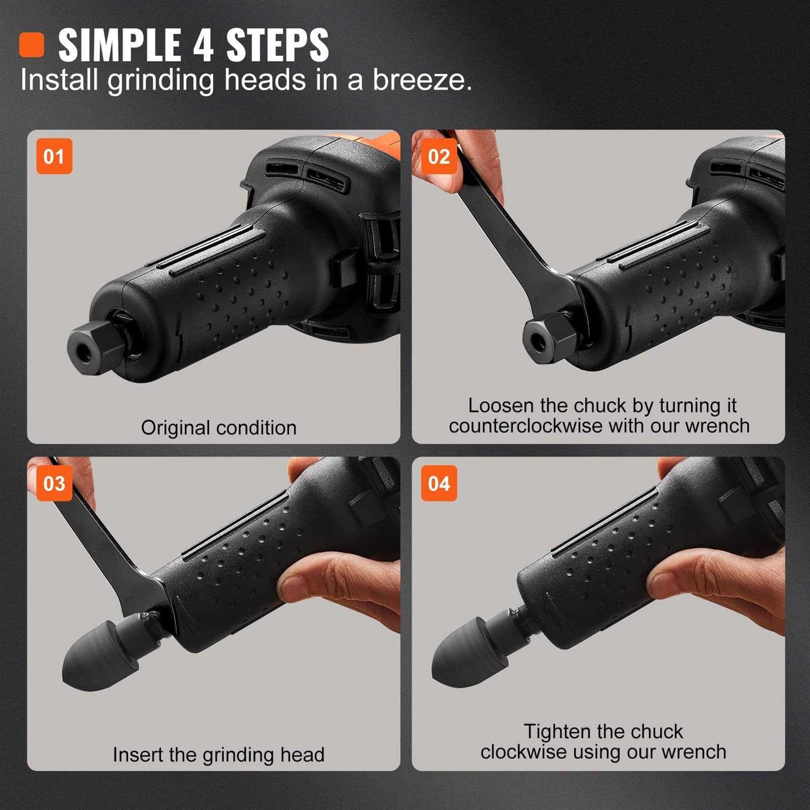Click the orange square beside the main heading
tap(31, 45)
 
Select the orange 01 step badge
tap(54, 157)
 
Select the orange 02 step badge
tap(439, 157)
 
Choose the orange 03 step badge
tap(54, 483)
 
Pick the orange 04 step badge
tap(439, 483)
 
